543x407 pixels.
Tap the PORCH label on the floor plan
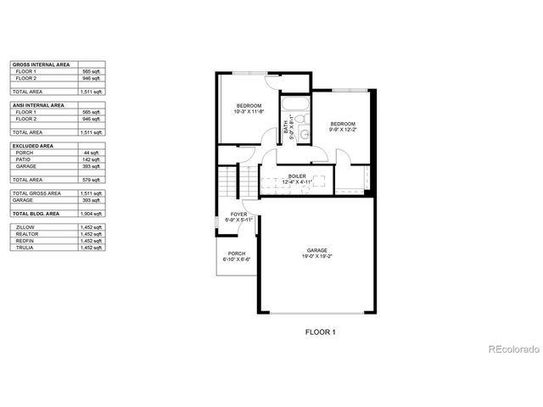tap(236, 255)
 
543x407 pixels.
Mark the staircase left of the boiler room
tap(229, 181)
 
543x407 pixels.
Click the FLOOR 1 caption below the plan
tap(321, 332)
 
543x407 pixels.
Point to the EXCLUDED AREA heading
tap(31, 145)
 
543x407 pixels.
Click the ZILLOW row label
tap(25, 227)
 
